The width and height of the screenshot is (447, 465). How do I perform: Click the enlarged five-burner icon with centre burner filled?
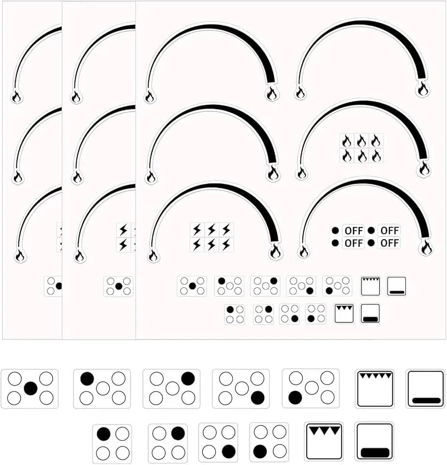point(30,388)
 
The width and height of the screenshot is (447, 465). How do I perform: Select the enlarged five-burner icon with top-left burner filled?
point(102,388)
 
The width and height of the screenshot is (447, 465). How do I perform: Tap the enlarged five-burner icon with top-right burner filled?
point(171,388)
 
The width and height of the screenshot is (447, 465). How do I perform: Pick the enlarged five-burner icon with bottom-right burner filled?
point(241,388)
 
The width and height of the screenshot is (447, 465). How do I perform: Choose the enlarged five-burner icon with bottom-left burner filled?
point(311,388)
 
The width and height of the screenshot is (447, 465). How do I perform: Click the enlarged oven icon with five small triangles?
point(375,389)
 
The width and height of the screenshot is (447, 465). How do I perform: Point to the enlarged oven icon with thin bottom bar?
point(425,389)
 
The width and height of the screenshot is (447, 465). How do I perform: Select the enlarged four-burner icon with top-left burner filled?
point(112,444)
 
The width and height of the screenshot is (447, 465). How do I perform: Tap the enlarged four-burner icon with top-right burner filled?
point(168,444)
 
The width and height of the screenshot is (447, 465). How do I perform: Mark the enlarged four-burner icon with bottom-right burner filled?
point(218,442)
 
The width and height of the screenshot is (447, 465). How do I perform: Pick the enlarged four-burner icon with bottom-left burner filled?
point(269,442)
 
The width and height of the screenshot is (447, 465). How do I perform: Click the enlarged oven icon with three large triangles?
point(324,442)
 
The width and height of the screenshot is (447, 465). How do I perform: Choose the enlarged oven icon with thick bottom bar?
point(374,442)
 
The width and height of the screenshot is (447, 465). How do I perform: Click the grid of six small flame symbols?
point(361,148)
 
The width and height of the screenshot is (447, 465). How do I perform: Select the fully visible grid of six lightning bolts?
point(211,237)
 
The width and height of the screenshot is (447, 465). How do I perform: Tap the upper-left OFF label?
point(354,231)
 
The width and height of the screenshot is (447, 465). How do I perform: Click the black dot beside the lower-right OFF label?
point(371,243)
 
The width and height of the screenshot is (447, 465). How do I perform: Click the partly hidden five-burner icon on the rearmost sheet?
point(53,286)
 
